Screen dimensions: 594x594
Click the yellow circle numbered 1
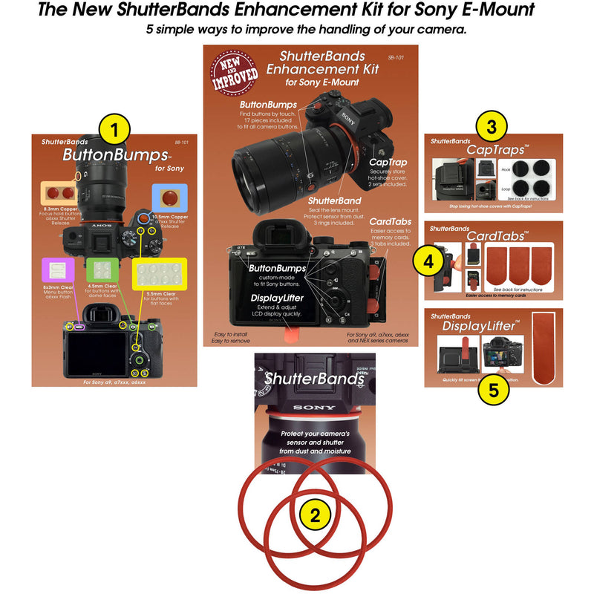114,129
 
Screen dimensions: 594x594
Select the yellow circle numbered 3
492,127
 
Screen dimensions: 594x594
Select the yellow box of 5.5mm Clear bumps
157,273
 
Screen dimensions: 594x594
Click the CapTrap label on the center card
388,161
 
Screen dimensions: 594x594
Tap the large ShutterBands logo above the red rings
315,378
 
